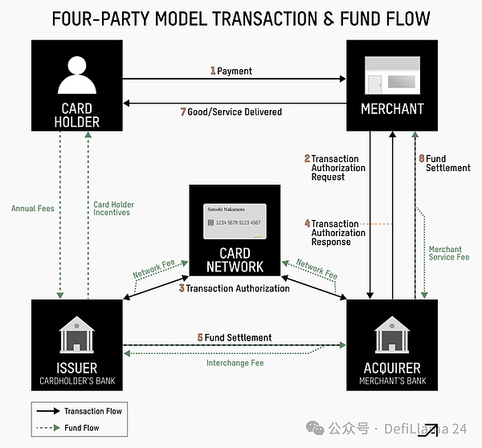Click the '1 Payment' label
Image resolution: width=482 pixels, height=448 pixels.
pos(231,71)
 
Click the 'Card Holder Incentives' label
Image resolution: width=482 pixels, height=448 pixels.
pos(113,209)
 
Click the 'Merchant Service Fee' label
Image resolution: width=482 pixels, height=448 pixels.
pos(449,253)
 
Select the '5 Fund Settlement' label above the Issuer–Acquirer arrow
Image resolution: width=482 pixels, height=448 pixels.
pos(235,337)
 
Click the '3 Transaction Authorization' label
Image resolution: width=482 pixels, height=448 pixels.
pos(235,287)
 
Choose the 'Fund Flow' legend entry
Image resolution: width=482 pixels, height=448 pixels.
pos(80,428)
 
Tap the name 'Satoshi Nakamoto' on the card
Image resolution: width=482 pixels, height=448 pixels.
pos(226,209)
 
